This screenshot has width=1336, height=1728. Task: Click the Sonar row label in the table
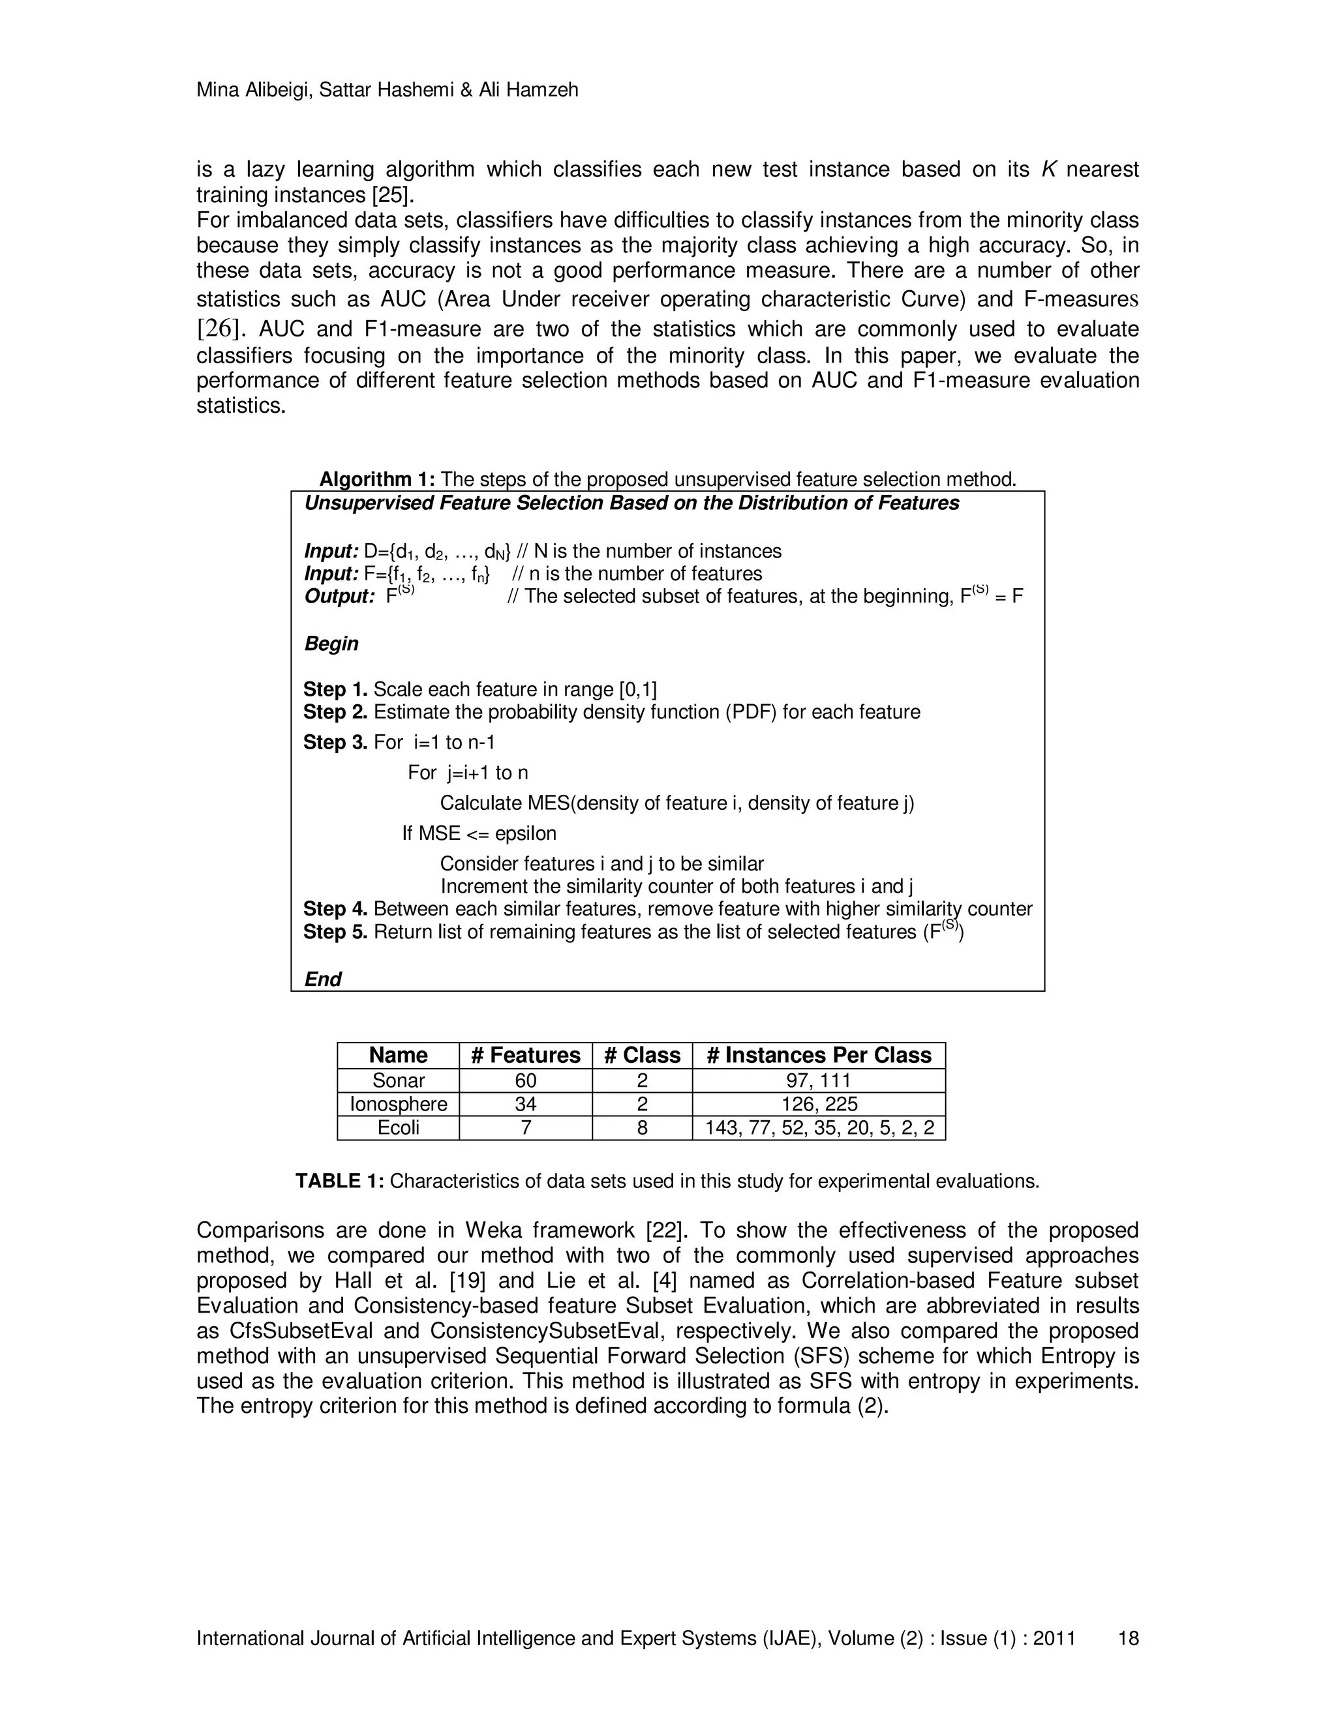tap(398, 1080)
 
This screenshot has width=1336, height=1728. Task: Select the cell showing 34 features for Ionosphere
tap(526, 1104)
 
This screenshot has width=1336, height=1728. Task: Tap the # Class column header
tap(642, 1056)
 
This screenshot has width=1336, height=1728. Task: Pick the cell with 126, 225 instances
tap(819, 1104)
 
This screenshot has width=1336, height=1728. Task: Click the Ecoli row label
tap(398, 1127)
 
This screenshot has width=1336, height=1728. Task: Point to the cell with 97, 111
tap(819, 1080)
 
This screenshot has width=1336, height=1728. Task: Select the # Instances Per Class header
tap(819, 1056)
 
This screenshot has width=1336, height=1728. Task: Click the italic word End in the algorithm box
tap(323, 979)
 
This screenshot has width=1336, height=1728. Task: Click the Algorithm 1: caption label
tap(377, 479)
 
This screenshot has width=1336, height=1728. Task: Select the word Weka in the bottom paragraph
tap(494, 1230)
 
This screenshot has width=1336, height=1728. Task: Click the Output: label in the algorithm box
tap(339, 597)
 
